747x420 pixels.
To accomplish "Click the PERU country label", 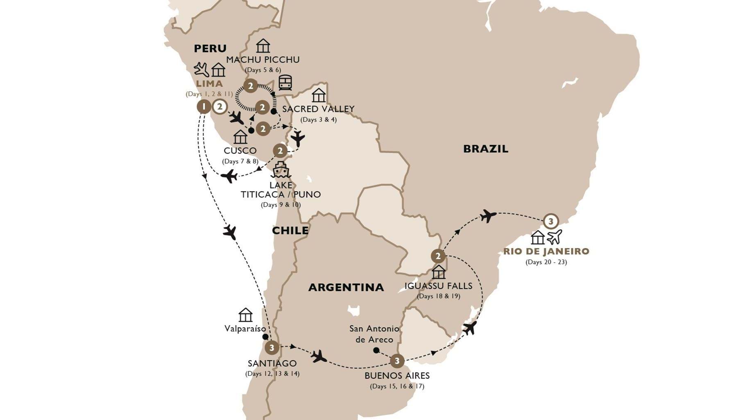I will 210,48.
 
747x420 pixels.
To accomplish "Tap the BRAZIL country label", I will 485,149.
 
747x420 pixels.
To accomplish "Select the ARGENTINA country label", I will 346,287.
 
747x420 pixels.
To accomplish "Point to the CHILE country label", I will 290,230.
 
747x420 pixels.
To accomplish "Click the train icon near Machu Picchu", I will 285,82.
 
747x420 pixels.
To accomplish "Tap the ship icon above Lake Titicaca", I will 281,169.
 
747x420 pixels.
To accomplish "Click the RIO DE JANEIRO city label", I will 546,251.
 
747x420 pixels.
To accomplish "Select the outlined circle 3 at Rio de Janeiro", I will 551,221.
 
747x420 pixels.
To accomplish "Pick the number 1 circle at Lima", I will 204,107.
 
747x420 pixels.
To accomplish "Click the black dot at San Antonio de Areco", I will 376,350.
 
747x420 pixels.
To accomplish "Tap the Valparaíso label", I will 245,329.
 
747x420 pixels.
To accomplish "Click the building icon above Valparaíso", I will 245,315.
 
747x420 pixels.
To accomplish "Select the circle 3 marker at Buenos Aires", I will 397,361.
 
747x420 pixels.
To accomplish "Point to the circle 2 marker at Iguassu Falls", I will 438,257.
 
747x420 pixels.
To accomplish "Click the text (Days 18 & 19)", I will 438,296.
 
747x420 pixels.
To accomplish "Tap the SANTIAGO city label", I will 272,363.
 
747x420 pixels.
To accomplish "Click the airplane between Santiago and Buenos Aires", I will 318,356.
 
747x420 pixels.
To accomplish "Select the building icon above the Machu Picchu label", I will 263,46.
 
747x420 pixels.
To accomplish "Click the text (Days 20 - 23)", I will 546,262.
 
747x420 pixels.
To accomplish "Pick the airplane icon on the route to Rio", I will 488,215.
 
